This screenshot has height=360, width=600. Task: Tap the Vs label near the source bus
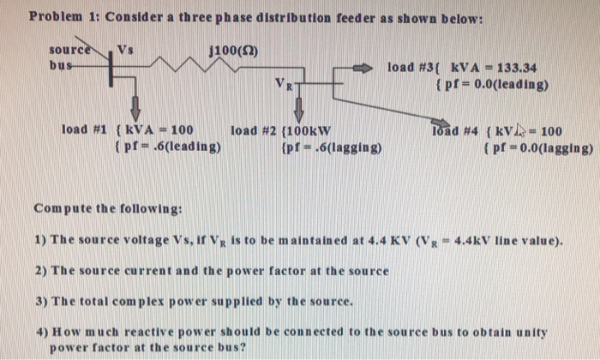point(125,49)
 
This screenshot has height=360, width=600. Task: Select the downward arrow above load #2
point(299,107)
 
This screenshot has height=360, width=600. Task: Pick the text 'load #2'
point(255,131)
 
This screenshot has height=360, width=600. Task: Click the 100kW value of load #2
point(313,131)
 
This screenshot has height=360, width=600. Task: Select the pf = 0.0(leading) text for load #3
point(492,84)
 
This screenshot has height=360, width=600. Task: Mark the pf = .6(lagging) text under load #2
point(331,147)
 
